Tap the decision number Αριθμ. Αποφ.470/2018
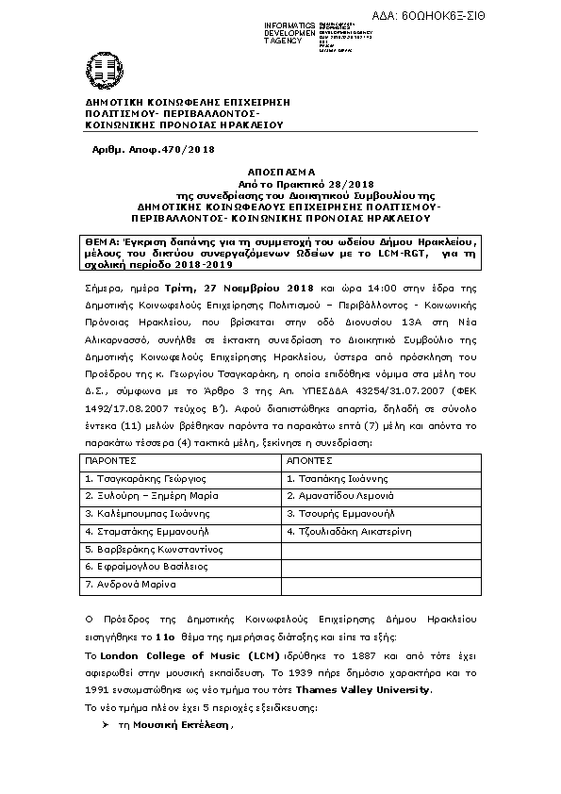pyautogui.click(x=153, y=150)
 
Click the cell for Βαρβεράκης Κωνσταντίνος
pyautogui.click(x=153, y=549)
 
